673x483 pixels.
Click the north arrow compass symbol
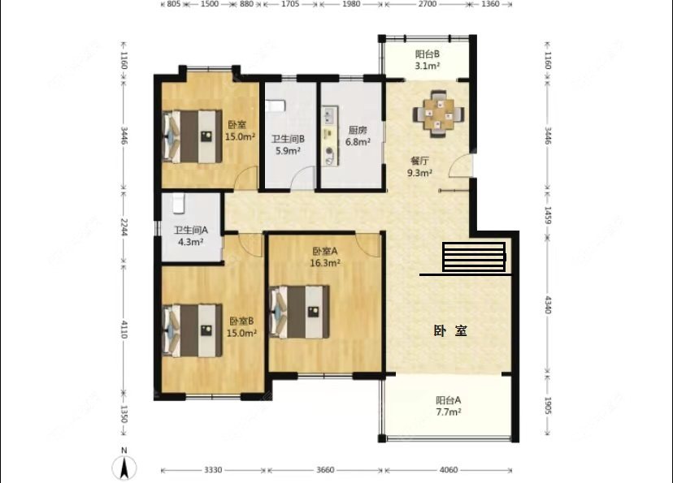coord(124,466)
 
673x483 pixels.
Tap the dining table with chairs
coord(438,114)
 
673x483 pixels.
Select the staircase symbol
coord(475,257)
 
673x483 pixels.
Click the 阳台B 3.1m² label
coord(428,60)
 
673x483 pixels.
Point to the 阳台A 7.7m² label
coord(449,406)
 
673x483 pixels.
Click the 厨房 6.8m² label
coord(358,136)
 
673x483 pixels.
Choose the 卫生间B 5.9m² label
coord(288,144)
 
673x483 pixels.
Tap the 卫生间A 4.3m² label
coord(191,236)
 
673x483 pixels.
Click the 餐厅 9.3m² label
coord(419,166)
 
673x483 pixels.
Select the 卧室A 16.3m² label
coord(325,257)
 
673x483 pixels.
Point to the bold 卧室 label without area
coord(450,331)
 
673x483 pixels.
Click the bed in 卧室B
coord(193,330)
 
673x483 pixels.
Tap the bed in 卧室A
coord(300,312)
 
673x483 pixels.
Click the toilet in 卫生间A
coord(178,203)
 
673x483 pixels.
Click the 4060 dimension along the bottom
coord(449,470)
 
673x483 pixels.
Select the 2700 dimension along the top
coord(427,4)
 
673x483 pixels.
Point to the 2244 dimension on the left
coord(124,227)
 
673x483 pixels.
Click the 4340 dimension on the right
coord(548,304)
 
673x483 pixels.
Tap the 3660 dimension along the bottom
coord(325,470)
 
